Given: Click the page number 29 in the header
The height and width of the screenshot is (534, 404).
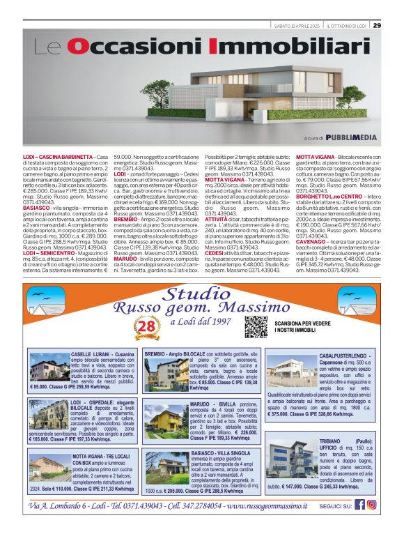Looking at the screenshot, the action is point(377,25).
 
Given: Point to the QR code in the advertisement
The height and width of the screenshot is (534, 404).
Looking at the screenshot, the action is point(256,326).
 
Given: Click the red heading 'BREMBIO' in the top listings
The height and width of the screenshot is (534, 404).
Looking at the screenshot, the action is point(125,219).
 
